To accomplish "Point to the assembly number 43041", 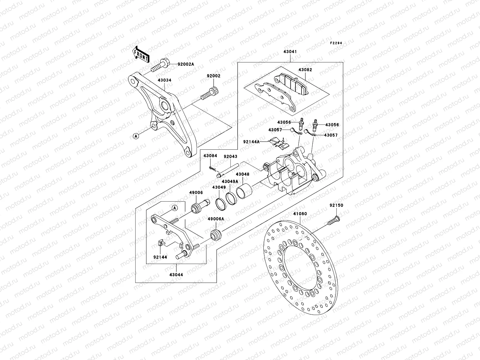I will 290,52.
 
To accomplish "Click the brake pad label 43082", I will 305,70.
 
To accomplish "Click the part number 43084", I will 210,156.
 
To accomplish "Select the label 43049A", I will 230,181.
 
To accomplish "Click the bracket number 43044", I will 176,274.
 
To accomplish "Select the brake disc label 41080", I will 300,214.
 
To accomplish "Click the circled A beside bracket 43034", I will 136,136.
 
